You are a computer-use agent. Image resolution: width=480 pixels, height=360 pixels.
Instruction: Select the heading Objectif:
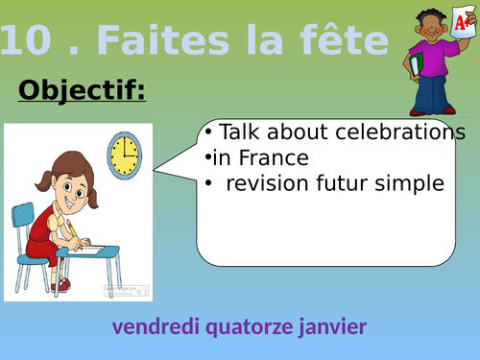pos(82,91)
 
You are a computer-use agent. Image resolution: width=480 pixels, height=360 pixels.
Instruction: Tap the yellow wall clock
pos(124,155)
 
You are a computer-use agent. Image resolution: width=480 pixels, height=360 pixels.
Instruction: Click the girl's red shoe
pos(62,284)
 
